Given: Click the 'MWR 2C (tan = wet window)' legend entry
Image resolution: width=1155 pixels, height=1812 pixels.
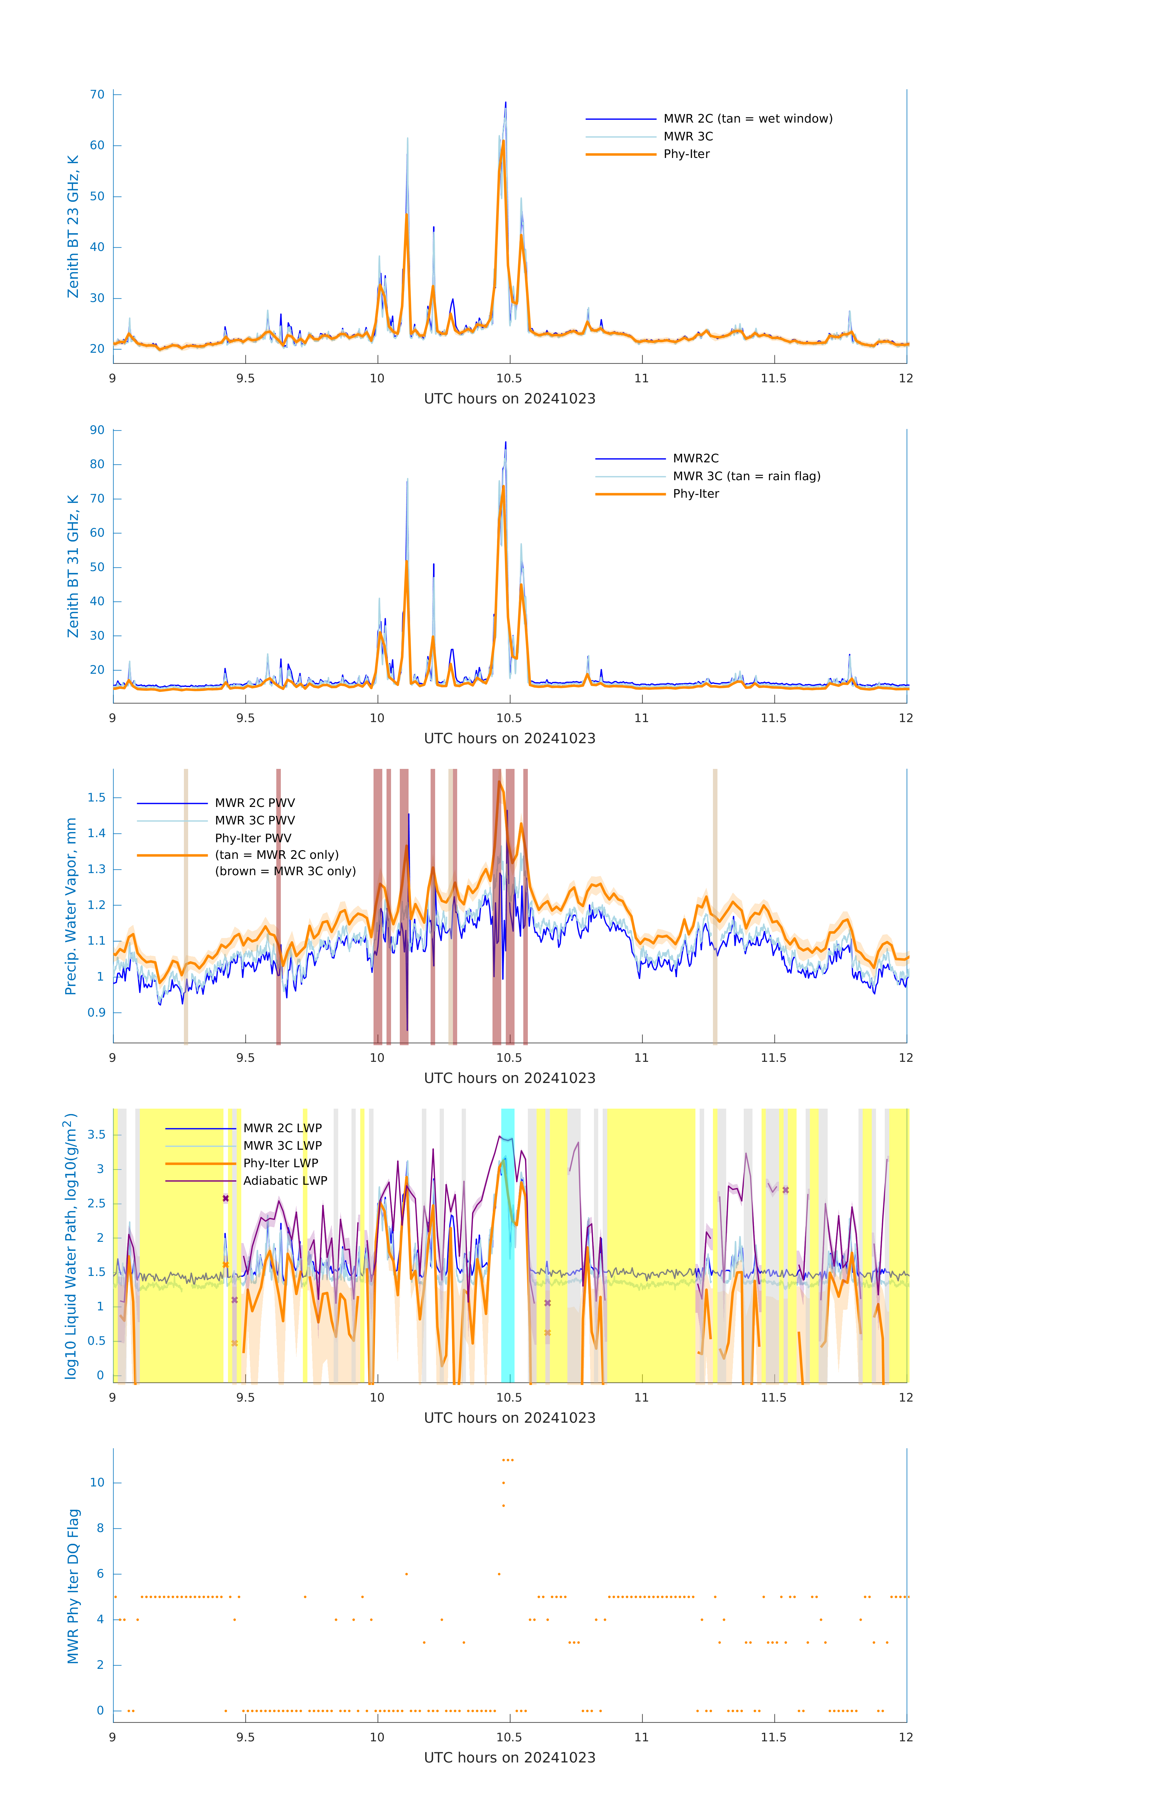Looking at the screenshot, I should click(x=747, y=119).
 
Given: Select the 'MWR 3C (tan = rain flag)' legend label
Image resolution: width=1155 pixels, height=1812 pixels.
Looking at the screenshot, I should click(x=746, y=476).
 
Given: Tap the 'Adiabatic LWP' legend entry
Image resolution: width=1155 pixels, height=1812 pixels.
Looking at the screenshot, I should click(x=284, y=1181).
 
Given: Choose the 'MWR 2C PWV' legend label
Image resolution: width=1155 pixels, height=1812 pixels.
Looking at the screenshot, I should click(x=254, y=803).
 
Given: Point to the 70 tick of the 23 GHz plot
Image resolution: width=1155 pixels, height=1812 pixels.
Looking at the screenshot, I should click(x=97, y=95).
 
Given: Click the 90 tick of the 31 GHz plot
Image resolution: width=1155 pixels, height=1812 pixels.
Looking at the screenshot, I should click(x=97, y=430).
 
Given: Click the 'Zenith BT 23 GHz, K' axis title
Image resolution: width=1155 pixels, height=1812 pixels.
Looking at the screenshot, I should click(x=73, y=226).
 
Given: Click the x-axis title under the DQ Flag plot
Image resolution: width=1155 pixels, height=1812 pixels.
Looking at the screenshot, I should click(x=509, y=1758).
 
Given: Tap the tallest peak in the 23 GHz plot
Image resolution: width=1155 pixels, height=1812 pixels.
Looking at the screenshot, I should click(x=506, y=103).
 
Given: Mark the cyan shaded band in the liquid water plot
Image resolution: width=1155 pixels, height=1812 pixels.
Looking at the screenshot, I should click(x=508, y=1245).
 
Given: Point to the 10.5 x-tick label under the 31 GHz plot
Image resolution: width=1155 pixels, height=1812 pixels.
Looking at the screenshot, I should click(x=509, y=718).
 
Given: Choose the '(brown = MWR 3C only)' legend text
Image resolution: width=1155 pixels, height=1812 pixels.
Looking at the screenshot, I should click(x=285, y=871).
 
